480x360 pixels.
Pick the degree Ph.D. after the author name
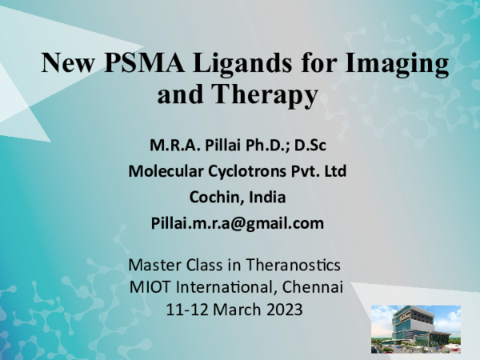click(269, 146)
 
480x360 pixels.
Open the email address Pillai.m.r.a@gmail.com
click(238, 223)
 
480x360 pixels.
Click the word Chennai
click(313, 286)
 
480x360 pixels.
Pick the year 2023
click(282, 308)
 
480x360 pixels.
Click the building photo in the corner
click(415, 329)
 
